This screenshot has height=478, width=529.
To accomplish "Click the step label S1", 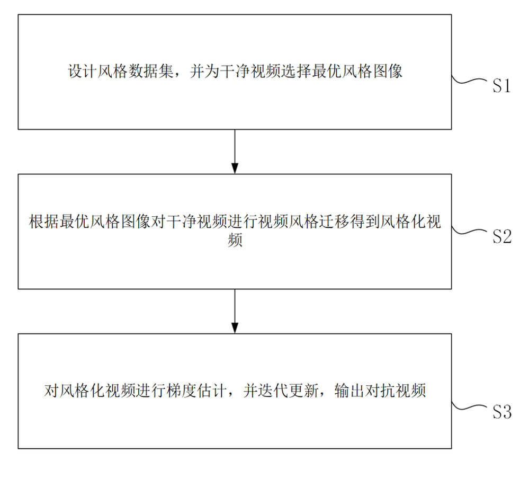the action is coord(501,85).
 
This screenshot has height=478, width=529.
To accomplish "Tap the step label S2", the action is coord(502,236).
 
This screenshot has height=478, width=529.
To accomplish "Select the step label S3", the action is coord(502,412).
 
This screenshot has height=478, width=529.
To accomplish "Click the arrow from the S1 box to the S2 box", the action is coord(235,152).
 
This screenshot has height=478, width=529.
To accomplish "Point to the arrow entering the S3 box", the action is coord(235,311).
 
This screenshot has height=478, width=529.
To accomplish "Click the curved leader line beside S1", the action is coord(469,81).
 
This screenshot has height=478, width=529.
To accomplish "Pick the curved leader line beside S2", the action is coord(469,232).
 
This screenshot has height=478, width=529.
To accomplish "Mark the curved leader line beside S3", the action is coord(469,408).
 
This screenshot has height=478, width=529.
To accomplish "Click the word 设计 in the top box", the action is coord(83,72).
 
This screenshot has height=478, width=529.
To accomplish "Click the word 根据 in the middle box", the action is coord(44,222).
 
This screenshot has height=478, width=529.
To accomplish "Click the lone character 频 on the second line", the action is coord(235,241).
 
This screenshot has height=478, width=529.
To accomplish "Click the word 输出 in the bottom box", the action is coord(349,391).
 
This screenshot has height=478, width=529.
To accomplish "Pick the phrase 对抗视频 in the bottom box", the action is coord(396,391).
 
